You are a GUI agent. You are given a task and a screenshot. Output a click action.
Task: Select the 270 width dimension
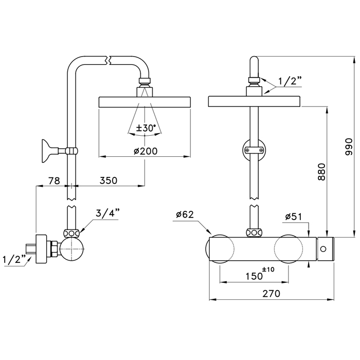[271, 294]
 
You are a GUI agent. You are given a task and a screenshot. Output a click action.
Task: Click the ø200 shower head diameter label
[145, 151]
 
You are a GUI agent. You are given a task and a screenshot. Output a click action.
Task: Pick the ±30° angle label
[145, 129]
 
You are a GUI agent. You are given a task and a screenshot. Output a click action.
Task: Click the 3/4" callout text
[107, 213]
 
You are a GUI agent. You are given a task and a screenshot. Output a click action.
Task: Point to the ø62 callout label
[184, 214]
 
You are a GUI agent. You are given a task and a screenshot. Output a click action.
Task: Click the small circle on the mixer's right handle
[323, 249]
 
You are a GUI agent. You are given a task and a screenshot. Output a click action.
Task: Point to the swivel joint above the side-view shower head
[145, 82]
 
